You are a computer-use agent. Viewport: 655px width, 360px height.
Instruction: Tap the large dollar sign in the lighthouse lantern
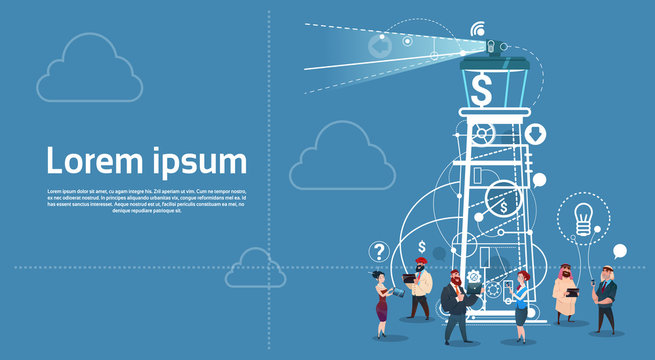click(483, 92)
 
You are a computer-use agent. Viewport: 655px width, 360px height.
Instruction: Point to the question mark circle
click(379, 251)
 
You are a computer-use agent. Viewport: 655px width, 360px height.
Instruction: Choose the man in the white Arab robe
click(565, 295)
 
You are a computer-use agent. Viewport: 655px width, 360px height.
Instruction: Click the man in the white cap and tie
click(604, 299)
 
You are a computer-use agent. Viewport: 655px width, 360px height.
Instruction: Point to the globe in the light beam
click(379, 45)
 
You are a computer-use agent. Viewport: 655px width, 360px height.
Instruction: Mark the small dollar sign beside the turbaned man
click(423, 247)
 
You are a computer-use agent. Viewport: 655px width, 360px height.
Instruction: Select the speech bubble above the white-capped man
click(620, 250)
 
